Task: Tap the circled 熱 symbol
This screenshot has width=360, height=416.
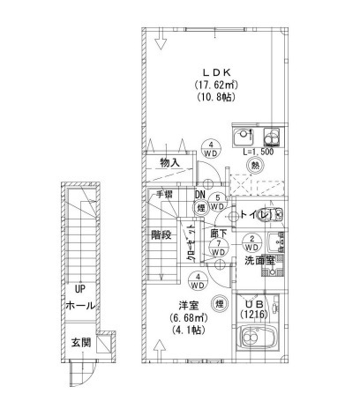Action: pos(256,165)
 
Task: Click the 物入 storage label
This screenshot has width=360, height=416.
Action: pos(170,163)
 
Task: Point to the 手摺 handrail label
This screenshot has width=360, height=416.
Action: pos(164,195)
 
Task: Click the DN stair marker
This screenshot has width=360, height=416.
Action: pos(200,195)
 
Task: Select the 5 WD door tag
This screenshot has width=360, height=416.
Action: pos(218,202)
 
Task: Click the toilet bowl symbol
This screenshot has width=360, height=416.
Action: pos(274,215)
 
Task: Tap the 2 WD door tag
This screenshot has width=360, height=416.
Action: pos(251,243)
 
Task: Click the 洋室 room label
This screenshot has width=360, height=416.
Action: pos(188,304)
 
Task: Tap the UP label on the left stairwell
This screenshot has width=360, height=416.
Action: pos(79,289)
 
